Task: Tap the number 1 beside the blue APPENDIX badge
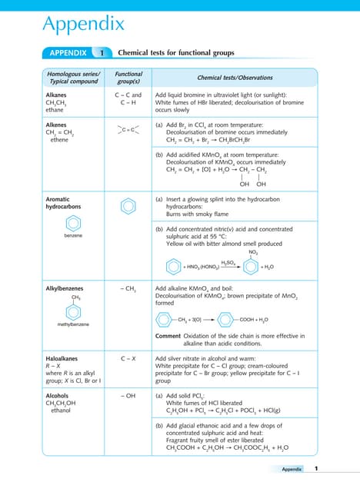coord(102,53)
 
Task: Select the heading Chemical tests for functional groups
coord(175,53)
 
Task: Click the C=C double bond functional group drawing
coord(128,131)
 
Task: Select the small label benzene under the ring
coord(73,235)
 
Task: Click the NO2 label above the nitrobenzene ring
coord(253,251)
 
